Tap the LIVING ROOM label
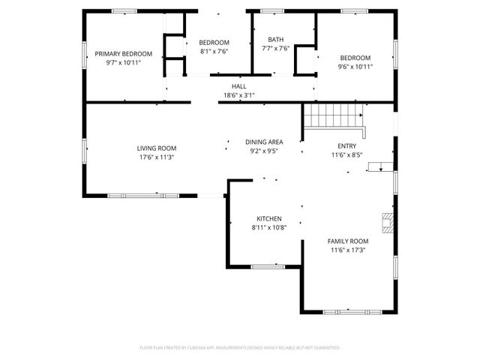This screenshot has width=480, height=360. click(157, 148)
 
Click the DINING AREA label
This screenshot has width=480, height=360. click(264, 142)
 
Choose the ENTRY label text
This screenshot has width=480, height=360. click(347, 145)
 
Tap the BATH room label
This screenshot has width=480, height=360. click(275, 40)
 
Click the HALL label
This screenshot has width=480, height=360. click(239, 87)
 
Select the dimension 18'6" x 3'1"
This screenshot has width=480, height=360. click(239, 95)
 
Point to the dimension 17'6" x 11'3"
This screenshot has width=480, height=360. click(157, 157)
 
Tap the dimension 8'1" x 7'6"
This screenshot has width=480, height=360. click(214, 52)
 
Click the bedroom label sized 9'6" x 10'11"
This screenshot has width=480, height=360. click(355, 58)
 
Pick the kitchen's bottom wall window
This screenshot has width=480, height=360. click(266, 266)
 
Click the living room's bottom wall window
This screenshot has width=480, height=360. click(143, 196)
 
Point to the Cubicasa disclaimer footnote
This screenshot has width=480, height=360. click(240, 347)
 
